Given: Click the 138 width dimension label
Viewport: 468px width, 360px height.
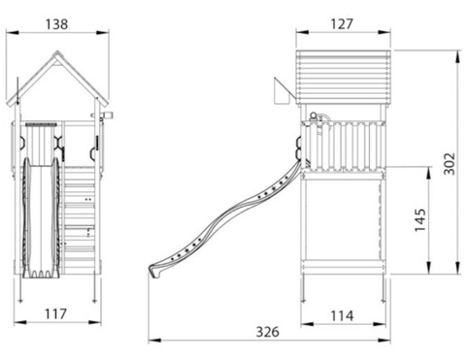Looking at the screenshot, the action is [56, 24].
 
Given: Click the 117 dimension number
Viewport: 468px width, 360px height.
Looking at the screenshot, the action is [55, 313].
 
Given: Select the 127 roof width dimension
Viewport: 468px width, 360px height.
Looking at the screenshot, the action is [342, 24].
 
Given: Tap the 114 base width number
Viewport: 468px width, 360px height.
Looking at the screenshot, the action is [342, 315].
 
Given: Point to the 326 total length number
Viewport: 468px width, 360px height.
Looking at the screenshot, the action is [267, 332].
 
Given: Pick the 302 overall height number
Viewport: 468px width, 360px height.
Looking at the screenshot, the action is [449, 164].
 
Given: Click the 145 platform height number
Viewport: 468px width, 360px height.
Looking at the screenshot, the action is [420, 220].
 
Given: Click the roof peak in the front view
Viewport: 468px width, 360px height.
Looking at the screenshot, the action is [57, 51].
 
